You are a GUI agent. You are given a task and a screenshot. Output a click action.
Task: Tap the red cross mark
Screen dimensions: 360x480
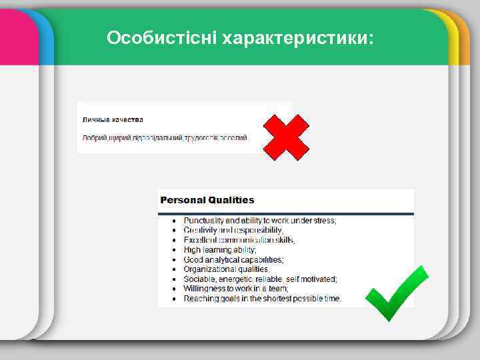[x=286, y=137]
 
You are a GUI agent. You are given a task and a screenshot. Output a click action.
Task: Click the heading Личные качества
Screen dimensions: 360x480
[x=113, y=120]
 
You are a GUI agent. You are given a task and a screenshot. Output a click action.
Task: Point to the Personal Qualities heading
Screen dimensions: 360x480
[x=207, y=199]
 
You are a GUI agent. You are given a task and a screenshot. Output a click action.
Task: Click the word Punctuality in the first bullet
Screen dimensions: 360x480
[x=203, y=220]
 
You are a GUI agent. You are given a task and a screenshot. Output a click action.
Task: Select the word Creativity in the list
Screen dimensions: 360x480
[x=200, y=230]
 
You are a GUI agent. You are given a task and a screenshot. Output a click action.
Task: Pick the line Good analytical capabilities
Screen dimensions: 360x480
[x=233, y=259]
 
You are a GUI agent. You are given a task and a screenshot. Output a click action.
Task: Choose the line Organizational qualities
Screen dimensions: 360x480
[x=226, y=269]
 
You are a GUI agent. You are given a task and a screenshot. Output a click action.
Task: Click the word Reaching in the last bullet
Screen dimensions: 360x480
[x=200, y=299]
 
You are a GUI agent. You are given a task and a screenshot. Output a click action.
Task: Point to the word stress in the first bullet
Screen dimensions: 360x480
[x=325, y=220]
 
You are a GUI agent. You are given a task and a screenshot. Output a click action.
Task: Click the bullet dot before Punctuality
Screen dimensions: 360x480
[x=175, y=221]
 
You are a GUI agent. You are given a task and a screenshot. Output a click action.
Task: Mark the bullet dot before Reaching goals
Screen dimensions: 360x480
[x=175, y=299]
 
